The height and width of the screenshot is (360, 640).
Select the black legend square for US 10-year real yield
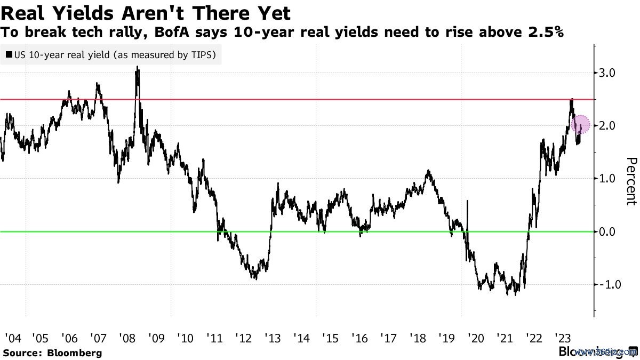pyautogui.click(x=9, y=55)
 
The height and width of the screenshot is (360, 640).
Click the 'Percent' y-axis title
pyautogui.click(x=631, y=181)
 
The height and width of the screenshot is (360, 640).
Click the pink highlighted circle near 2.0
pyautogui.click(x=580, y=125)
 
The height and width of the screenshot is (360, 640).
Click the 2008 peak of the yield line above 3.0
pyautogui.click(x=138, y=68)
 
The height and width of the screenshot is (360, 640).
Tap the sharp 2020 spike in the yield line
pyautogui.click(x=467, y=202)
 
